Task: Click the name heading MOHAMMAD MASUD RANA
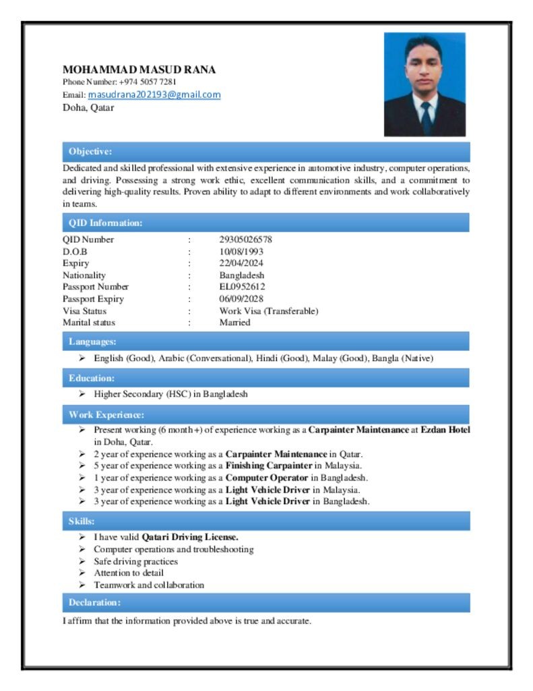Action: (x=139, y=70)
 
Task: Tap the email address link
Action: (x=154, y=94)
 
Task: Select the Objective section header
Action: (x=90, y=151)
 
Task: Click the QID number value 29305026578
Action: (x=245, y=239)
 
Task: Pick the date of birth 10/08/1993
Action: (x=241, y=251)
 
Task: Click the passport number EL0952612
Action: (x=242, y=287)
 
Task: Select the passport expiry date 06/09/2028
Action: (x=241, y=299)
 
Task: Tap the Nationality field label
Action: (x=84, y=275)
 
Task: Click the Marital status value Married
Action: (x=234, y=323)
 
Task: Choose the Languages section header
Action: (x=92, y=341)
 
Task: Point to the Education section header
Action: (x=92, y=378)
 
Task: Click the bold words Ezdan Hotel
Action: (x=445, y=430)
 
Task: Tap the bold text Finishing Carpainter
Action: (x=269, y=466)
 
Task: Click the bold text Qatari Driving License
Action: (x=189, y=537)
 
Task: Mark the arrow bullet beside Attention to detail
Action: (x=82, y=573)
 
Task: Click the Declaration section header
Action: (x=95, y=602)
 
